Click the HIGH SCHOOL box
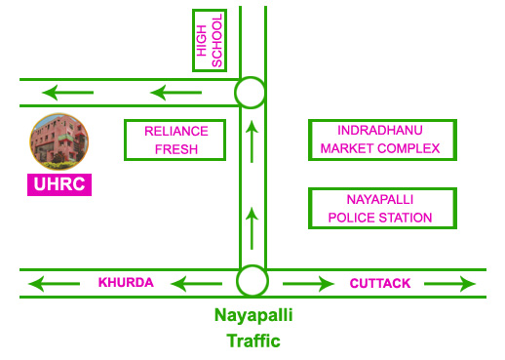pyautogui.click(x=210, y=41)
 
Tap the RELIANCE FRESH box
pyautogui.click(x=175, y=140)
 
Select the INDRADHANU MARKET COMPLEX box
pyautogui.click(x=381, y=140)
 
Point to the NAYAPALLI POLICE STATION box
pyautogui.click(x=381, y=208)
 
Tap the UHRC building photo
pyautogui.click(x=58, y=140)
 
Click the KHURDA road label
pyautogui.click(x=126, y=283)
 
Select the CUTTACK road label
pyautogui.click(x=380, y=283)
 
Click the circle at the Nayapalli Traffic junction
pyautogui.click(x=252, y=282)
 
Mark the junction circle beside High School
pyautogui.click(x=251, y=93)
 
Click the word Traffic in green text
pyautogui.click(x=252, y=340)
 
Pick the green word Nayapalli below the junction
pyautogui.click(x=252, y=315)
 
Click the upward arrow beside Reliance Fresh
pyautogui.click(x=252, y=141)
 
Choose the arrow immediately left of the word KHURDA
pyautogui.click(x=54, y=284)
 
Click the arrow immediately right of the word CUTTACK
pyautogui.click(x=449, y=284)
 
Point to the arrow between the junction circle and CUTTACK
pyautogui.click(x=308, y=284)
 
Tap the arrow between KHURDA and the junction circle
pyautogui.click(x=197, y=284)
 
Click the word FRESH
pyautogui.click(x=175, y=149)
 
